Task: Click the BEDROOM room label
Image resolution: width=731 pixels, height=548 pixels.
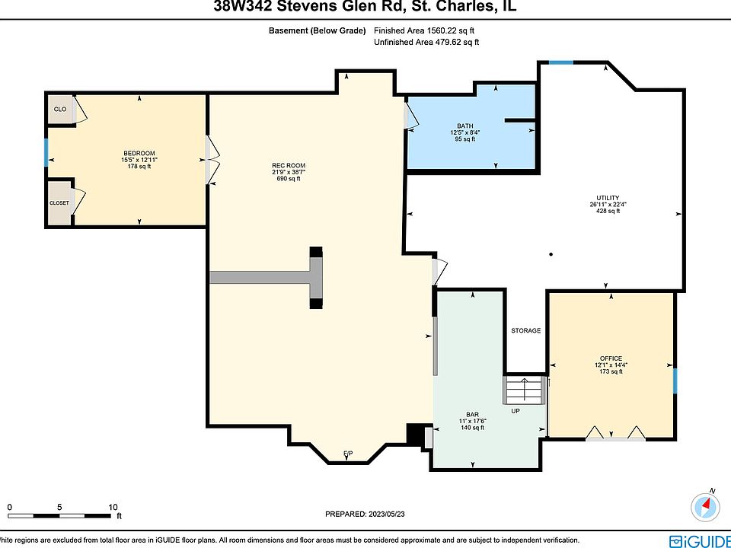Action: click(x=139, y=153)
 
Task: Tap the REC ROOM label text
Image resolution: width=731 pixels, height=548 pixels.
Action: click(x=289, y=165)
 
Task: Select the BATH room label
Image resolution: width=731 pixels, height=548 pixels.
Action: click(x=464, y=126)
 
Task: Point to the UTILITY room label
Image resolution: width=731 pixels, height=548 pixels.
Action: click(x=608, y=198)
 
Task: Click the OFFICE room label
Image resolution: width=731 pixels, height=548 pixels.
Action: click(x=611, y=358)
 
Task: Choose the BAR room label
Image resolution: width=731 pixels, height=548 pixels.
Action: click(x=472, y=414)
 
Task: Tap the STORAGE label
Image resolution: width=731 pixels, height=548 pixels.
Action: click(x=526, y=330)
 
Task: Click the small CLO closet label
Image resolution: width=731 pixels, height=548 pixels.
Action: click(x=60, y=110)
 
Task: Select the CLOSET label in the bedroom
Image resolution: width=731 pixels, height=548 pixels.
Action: click(x=59, y=203)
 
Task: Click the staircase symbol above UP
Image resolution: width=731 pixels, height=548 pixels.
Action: click(x=524, y=390)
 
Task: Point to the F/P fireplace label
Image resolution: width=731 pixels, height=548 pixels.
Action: click(x=348, y=454)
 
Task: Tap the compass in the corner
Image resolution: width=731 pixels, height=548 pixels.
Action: click(x=705, y=507)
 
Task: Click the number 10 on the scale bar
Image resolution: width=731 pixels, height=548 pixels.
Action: click(x=113, y=508)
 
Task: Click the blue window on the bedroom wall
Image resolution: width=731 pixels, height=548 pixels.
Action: click(x=46, y=152)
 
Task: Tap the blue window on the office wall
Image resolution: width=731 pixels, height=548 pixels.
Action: click(x=675, y=381)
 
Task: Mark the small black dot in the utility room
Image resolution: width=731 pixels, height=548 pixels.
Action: click(x=551, y=254)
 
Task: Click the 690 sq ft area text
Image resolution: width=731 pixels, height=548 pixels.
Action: click(x=289, y=178)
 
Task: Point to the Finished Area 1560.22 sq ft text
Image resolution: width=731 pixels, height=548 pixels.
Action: click(x=424, y=30)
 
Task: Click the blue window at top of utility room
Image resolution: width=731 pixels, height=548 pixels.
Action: click(x=561, y=62)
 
